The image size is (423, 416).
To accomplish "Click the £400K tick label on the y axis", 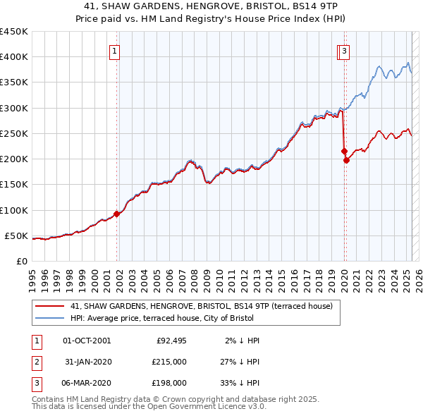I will pos(13,57).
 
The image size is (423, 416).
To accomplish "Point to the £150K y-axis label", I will pos(13,185).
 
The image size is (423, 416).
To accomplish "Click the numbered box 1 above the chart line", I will pos(114,51).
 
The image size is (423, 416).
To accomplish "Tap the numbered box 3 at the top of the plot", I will pos(345,51).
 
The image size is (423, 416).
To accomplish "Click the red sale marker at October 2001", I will pos(116,214).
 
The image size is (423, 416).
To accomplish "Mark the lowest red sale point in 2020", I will pos(346,160).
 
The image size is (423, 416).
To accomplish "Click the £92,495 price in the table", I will pos(171,341).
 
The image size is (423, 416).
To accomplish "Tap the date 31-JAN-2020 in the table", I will pos(87,362).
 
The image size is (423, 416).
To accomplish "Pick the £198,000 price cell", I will pos(168,383).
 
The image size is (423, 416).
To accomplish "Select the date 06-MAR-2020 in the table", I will pos(87,383).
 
